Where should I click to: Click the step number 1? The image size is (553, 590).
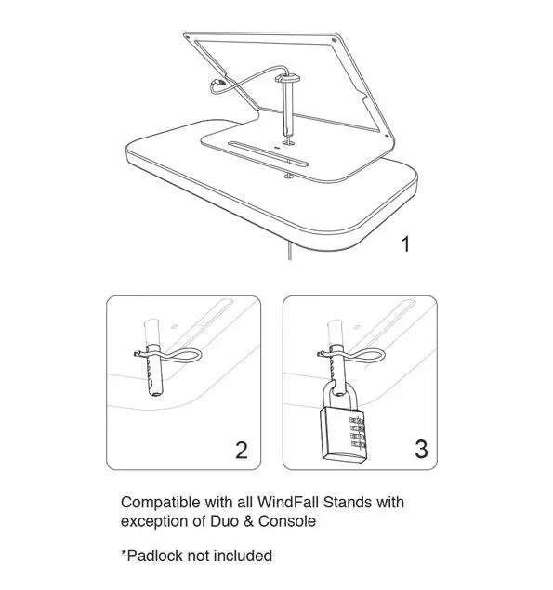[405, 244]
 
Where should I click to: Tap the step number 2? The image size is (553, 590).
[242, 450]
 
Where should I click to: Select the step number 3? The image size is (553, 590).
[421, 449]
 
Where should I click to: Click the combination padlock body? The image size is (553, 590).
[343, 435]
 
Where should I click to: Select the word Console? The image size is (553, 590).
[287, 521]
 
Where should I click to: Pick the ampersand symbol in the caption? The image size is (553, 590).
[248, 521]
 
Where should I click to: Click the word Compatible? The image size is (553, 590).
[161, 503]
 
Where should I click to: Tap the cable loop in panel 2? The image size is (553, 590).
[185, 355]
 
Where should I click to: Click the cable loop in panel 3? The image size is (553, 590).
[368, 355]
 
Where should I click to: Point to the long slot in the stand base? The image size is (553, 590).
[269, 153]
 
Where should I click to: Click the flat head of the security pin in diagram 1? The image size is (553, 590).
[287, 78]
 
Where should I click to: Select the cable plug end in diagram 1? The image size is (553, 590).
[218, 82]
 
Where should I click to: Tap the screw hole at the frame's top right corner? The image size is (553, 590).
[334, 40]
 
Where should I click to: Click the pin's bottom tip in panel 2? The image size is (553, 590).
[155, 393]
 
